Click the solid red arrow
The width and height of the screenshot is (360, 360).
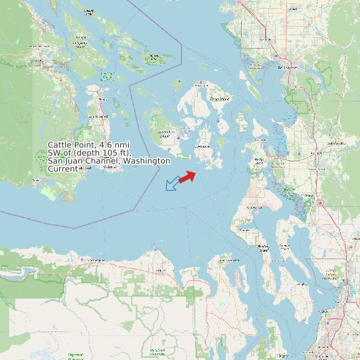187,176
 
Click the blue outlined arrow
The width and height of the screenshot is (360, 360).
172,184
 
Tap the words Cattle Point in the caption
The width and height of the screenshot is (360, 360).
71,145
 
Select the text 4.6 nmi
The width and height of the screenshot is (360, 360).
114,145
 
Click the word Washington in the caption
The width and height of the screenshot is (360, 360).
148,161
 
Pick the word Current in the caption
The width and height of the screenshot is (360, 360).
63,169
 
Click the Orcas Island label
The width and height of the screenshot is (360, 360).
219,98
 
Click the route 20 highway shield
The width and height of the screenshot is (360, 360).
319,203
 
